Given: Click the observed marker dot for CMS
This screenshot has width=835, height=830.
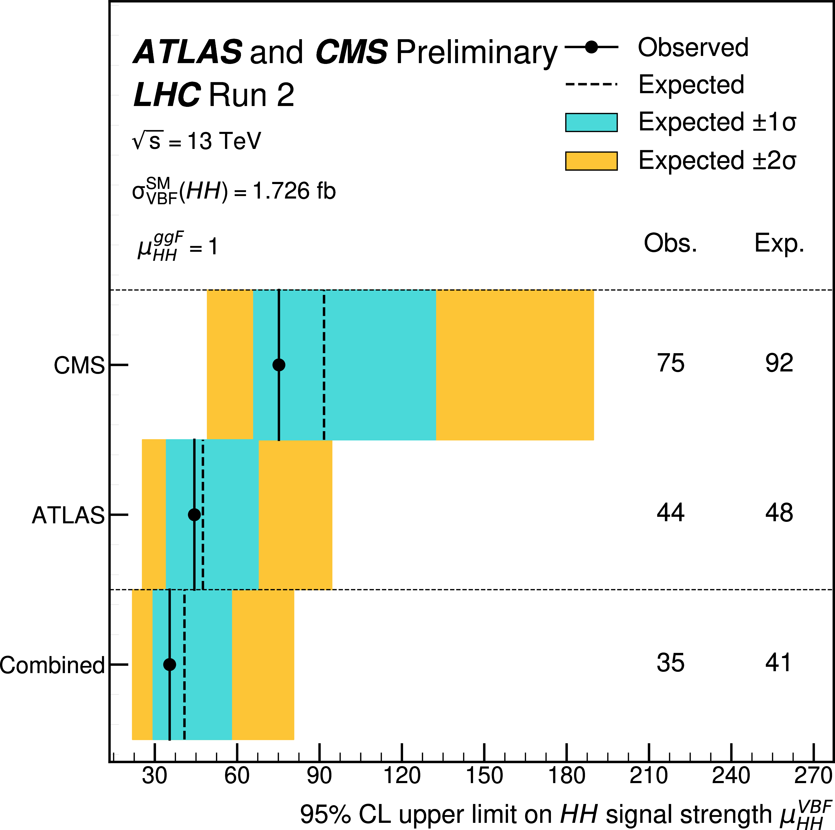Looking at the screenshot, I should pos(279,365).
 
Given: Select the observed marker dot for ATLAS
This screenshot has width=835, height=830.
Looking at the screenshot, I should pos(195,514).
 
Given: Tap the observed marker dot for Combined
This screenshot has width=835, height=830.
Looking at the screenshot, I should pos(169,664).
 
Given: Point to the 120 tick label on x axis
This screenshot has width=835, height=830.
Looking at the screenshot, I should pos(402,775).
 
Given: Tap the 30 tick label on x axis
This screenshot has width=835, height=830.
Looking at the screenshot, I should pos(154,775).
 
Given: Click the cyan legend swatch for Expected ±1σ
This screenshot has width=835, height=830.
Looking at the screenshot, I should pos(591,122).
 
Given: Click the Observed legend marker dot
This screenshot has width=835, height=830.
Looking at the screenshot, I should pos(591,47).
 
